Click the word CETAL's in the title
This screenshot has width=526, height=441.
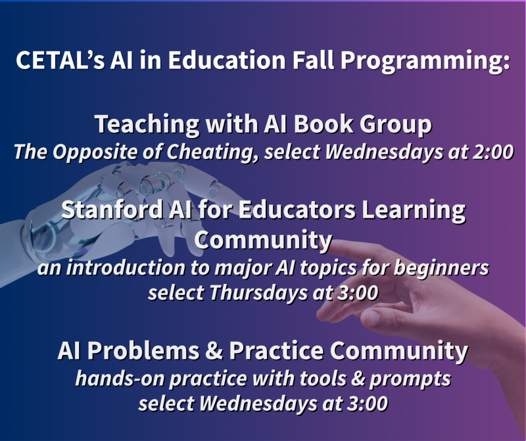60,60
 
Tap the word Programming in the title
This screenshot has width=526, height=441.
425,61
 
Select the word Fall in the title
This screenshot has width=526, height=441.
313,60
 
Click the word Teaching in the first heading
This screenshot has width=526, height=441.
147,124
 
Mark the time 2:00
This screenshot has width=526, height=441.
493,152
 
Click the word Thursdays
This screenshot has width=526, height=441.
258,292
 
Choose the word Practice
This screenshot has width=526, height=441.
276,350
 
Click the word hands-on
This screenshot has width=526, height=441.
120,379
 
